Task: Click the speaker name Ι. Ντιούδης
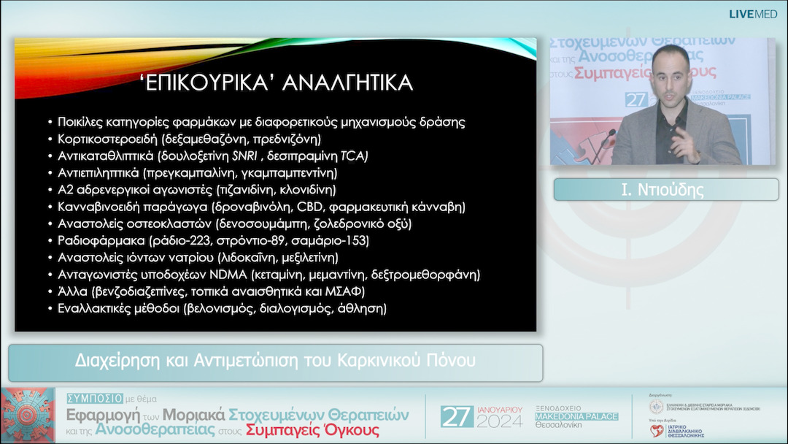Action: click(x=663, y=191)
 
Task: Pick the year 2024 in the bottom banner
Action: click(x=500, y=422)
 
